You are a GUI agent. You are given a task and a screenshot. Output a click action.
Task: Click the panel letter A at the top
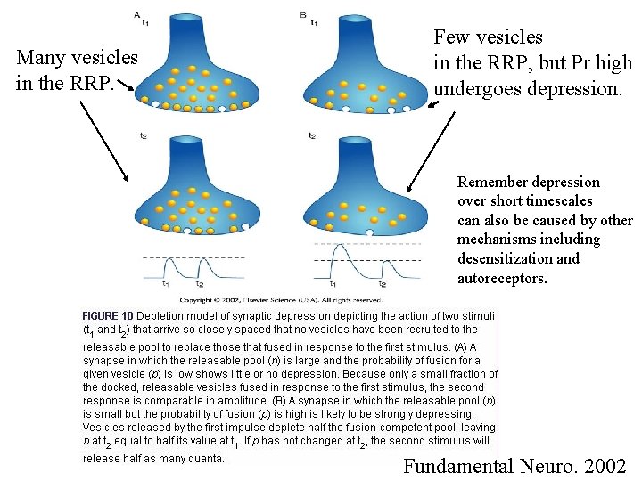click(136, 14)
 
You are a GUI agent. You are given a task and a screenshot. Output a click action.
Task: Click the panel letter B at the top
click(304, 14)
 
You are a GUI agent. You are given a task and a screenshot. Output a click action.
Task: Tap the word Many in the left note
click(39, 58)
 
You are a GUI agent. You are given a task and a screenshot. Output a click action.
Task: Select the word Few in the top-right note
click(451, 37)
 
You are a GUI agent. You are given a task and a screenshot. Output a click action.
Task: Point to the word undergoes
click(478, 89)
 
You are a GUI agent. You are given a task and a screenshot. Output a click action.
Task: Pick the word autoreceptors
click(502, 279)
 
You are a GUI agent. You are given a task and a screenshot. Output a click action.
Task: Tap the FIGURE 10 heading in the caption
click(108, 316)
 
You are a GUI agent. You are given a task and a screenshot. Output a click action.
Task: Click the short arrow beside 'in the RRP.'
click(124, 87)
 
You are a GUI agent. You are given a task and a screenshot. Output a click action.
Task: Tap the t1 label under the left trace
click(165, 284)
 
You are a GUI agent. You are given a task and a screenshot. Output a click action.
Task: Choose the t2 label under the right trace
click(382, 284)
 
